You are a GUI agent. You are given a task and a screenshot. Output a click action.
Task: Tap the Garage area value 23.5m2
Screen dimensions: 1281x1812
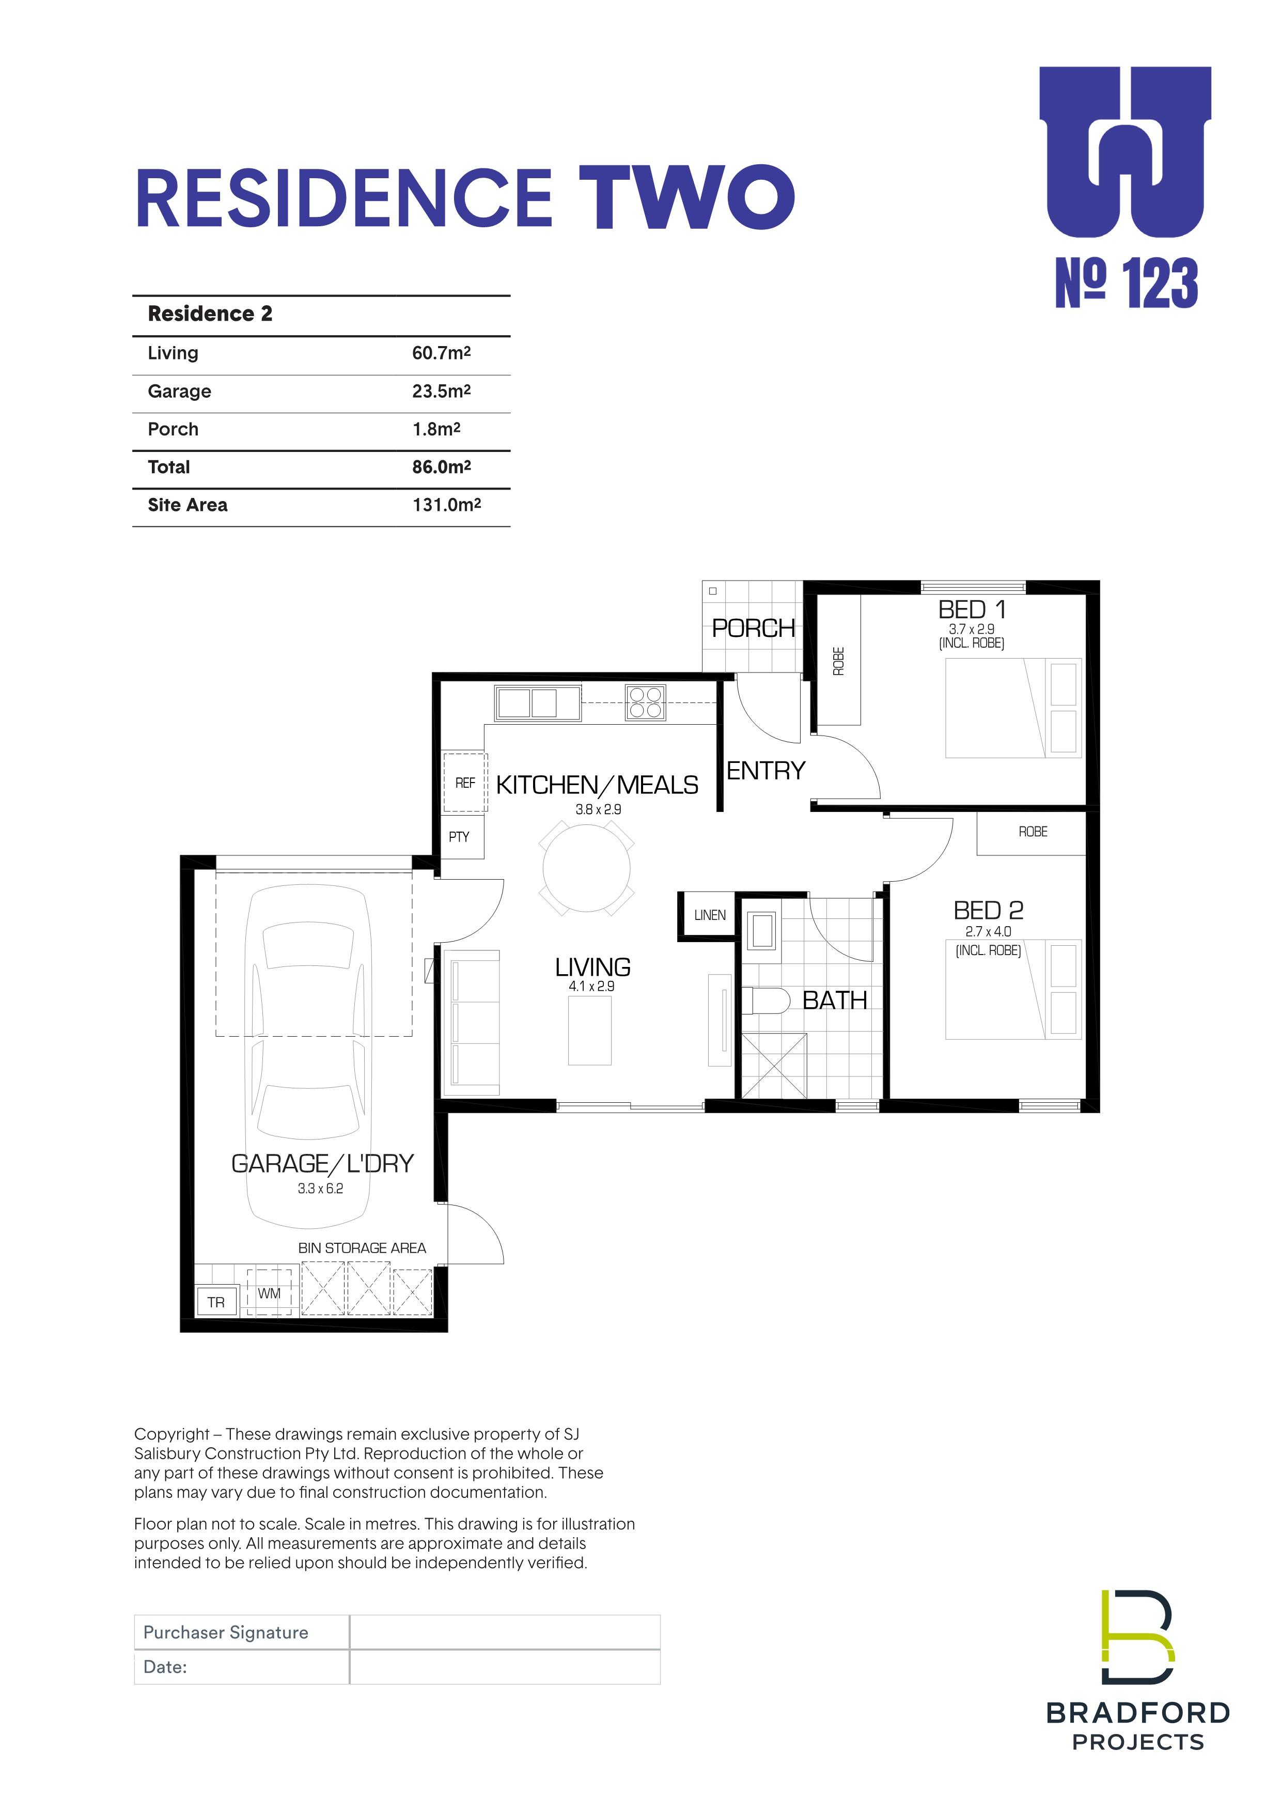[x=441, y=392]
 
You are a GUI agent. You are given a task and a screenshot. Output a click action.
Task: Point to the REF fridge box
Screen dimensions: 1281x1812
[x=465, y=783]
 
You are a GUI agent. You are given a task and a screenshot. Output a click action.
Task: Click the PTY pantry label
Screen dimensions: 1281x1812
[x=459, y=837]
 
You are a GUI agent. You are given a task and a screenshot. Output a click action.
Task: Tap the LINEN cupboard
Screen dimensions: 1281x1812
[x=710, y=915]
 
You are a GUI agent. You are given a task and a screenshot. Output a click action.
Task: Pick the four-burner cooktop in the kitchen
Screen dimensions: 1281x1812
[x=646, y=702]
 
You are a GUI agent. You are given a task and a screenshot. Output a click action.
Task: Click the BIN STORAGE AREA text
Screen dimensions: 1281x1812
[x=362, y=1248]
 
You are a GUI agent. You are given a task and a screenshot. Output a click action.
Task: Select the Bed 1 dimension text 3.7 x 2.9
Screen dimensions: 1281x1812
[x=972, y=629]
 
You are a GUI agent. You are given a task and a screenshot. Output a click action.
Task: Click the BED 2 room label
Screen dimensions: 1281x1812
[x=988, y=911]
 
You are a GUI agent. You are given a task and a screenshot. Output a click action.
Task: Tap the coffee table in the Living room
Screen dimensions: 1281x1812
[x=589, y=1030]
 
